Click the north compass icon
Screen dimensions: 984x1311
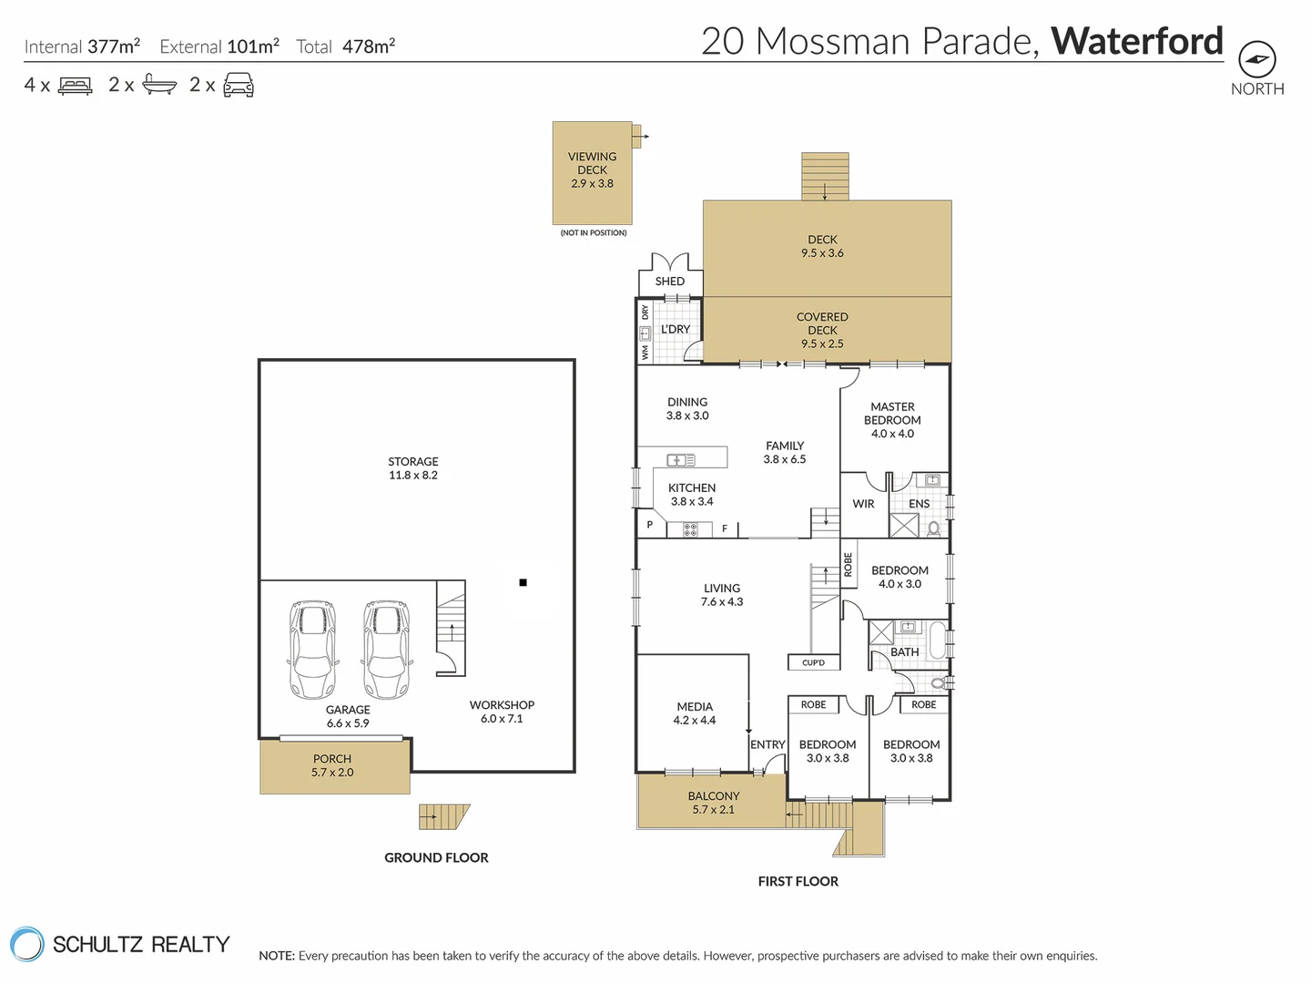(x=1257, y=60)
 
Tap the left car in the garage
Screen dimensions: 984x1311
(x=312, y=650)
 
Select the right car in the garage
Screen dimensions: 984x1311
(x=387, y=650)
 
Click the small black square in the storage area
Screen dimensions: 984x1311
(x=523, y=582)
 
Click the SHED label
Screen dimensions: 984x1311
(x=669, y=282)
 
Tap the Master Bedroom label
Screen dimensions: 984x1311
(x=892, y=420)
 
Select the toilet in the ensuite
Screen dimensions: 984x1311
(x=934, y=528)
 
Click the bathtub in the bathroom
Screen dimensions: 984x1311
(x=938, y=639)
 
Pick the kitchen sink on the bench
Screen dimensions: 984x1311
(x=680, y=460)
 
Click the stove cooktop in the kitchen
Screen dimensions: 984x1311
(x=691, y=528)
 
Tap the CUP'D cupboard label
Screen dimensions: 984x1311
(x=813, y=662)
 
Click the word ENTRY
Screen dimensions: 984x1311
(x=767, y=744)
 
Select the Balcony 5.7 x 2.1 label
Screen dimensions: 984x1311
(x=713, y=803)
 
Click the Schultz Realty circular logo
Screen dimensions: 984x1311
(x=26, y=944)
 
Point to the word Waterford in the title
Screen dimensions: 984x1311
(x=1137, y=41)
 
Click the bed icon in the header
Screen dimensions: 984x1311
(x=76, y=86)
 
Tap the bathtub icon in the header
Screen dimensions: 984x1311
(x=159, y=86)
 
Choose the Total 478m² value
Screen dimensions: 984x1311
(x=368, y=46)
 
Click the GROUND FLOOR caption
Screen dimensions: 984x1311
(x=436, y=857)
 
